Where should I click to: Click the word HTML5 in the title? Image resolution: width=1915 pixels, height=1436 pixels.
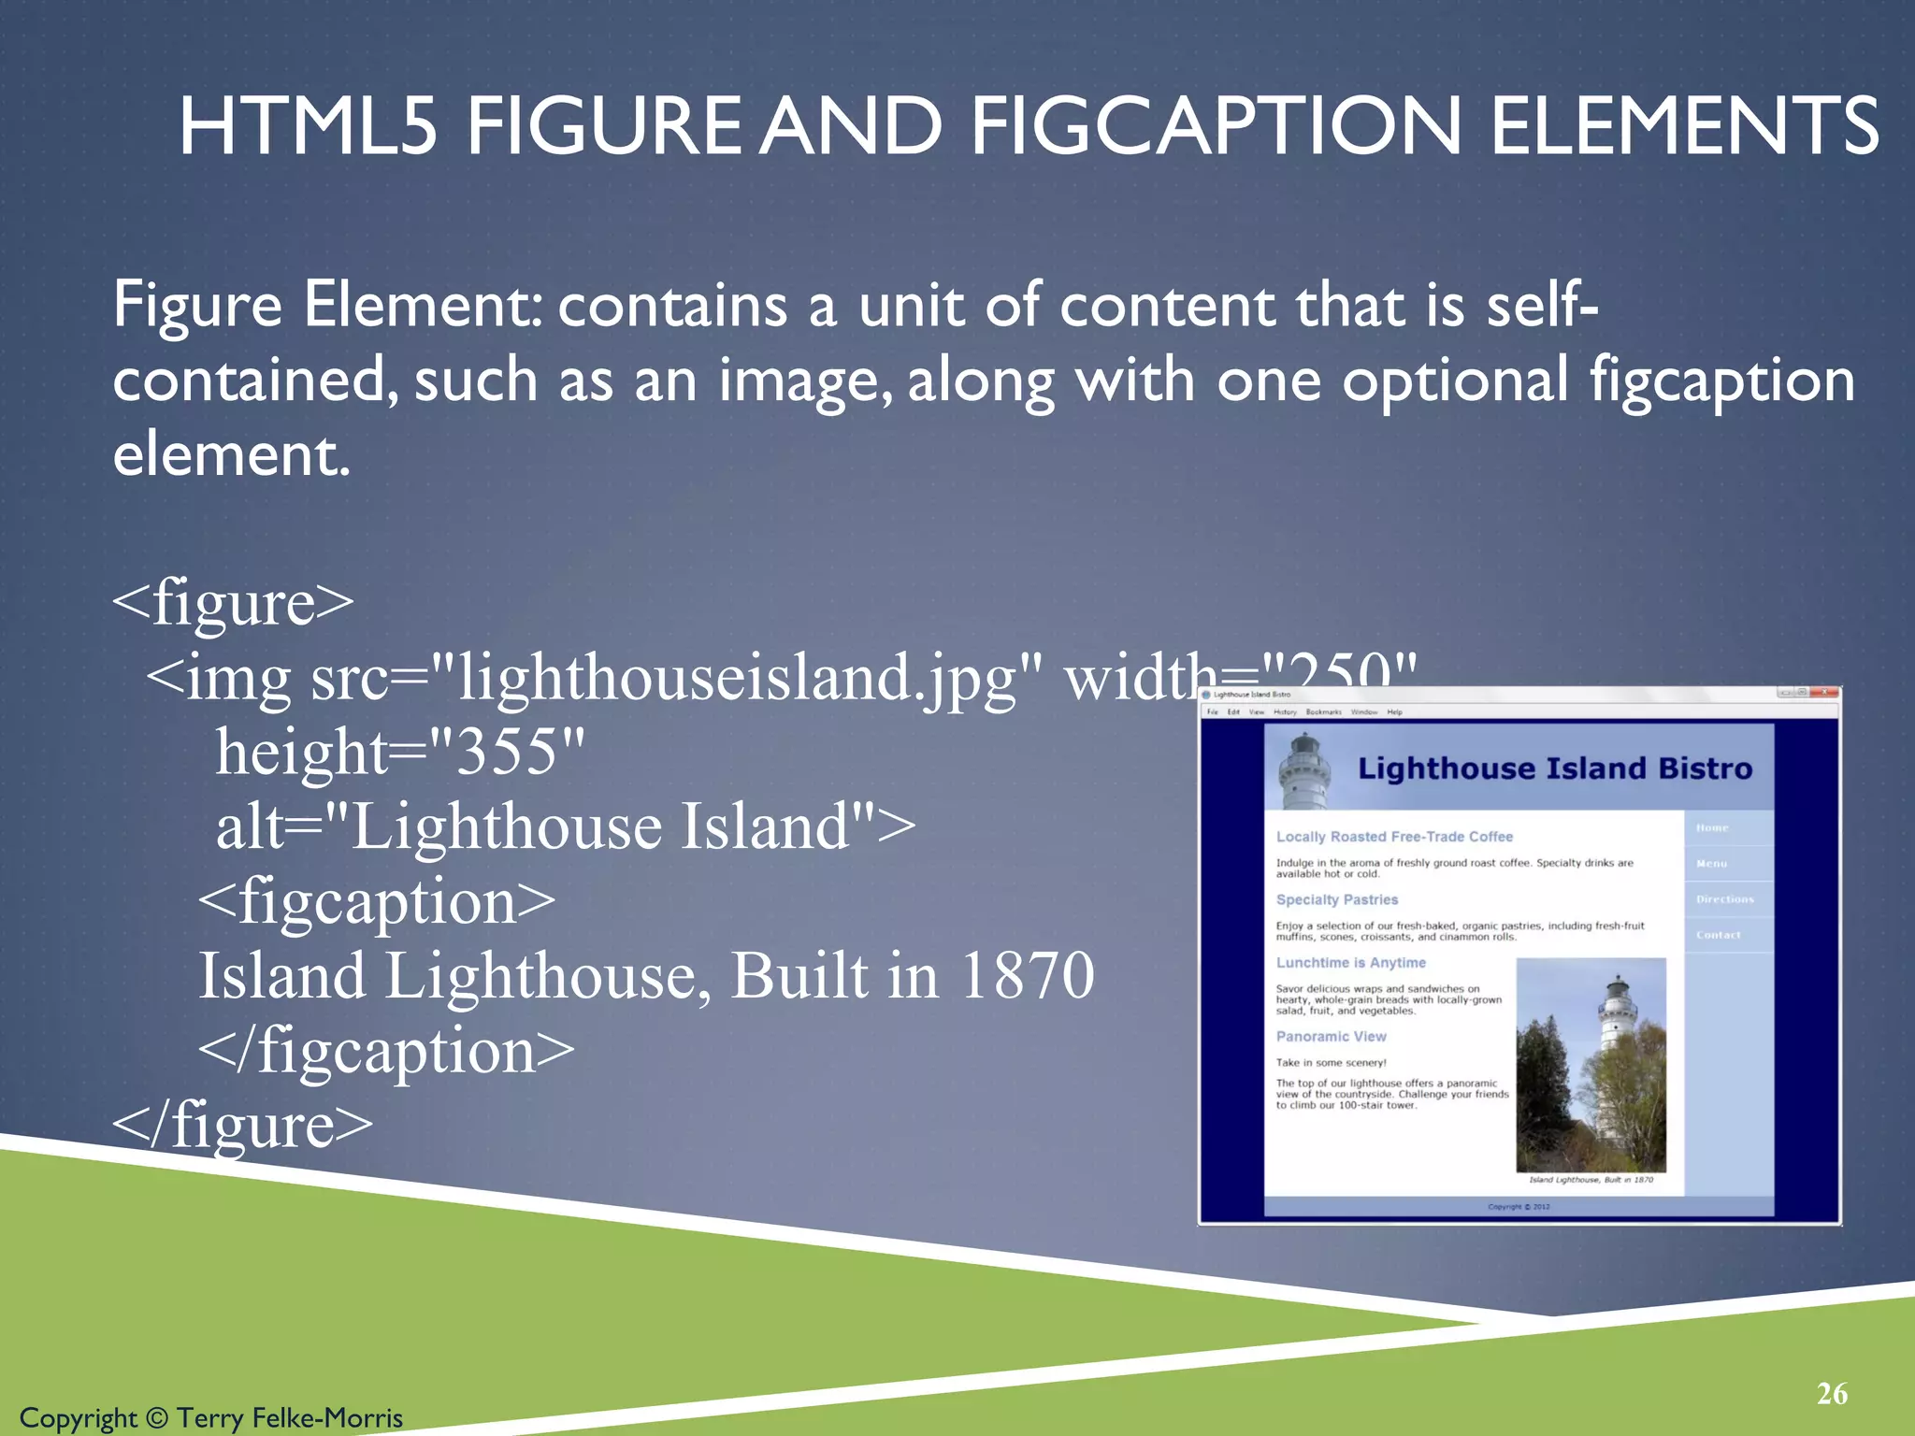click(x=308, y=126)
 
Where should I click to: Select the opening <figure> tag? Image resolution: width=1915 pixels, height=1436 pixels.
click(x=233, y=602)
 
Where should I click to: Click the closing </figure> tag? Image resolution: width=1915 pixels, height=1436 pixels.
click(x=242, y=1125)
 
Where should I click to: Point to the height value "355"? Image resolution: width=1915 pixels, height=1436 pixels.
click(x=506, y=752)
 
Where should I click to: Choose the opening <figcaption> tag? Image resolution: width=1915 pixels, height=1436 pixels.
click(x=377, y=901)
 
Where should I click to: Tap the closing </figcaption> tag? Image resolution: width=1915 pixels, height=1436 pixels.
click(x=386, y=1051)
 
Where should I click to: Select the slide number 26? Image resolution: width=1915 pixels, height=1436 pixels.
click(x=1832, y=1394)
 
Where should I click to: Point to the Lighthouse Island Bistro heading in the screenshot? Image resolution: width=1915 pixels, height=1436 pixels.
click(x=1554, y=768)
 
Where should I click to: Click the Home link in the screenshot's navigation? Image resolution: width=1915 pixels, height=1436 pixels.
click(x=1712, y=827)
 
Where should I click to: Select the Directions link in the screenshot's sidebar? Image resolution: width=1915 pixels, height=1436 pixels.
click(x=1725, y=899)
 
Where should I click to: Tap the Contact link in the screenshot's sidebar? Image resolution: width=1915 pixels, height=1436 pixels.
click(x=1719, y=935)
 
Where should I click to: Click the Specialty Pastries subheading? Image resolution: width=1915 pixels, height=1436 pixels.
click(x=1336, y=899)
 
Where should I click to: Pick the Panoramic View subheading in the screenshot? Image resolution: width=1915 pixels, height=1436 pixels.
click(x=1331, y=1037)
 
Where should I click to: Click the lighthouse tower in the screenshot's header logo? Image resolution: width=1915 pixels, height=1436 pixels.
click(x=1304, y=772)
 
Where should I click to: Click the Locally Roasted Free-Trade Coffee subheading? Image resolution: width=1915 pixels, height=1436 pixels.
click(x=1394, y=837)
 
